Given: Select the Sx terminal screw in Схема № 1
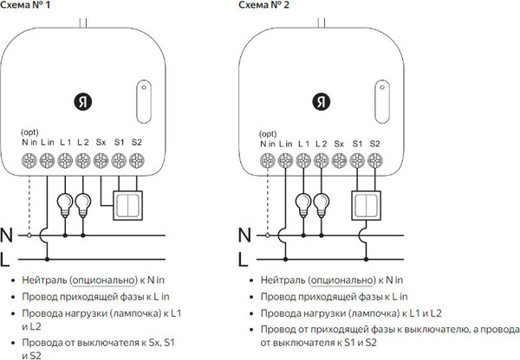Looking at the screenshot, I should pyautogui.click(x=101, y=159).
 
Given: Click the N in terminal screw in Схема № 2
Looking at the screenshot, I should pyautogui.click(x=269, y=159).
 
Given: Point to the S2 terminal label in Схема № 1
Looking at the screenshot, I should pyautogui.click(x=137, y=142).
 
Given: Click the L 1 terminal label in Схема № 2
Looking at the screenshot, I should pyautogui.click(x=303, y=142).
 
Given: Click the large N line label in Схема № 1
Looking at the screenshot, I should pyautogui.click(x=7, y=235).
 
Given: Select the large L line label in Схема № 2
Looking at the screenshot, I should pyautogui.click(x=245, y=257).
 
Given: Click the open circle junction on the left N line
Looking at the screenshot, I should pyautogui.click(x=29, y=235).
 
